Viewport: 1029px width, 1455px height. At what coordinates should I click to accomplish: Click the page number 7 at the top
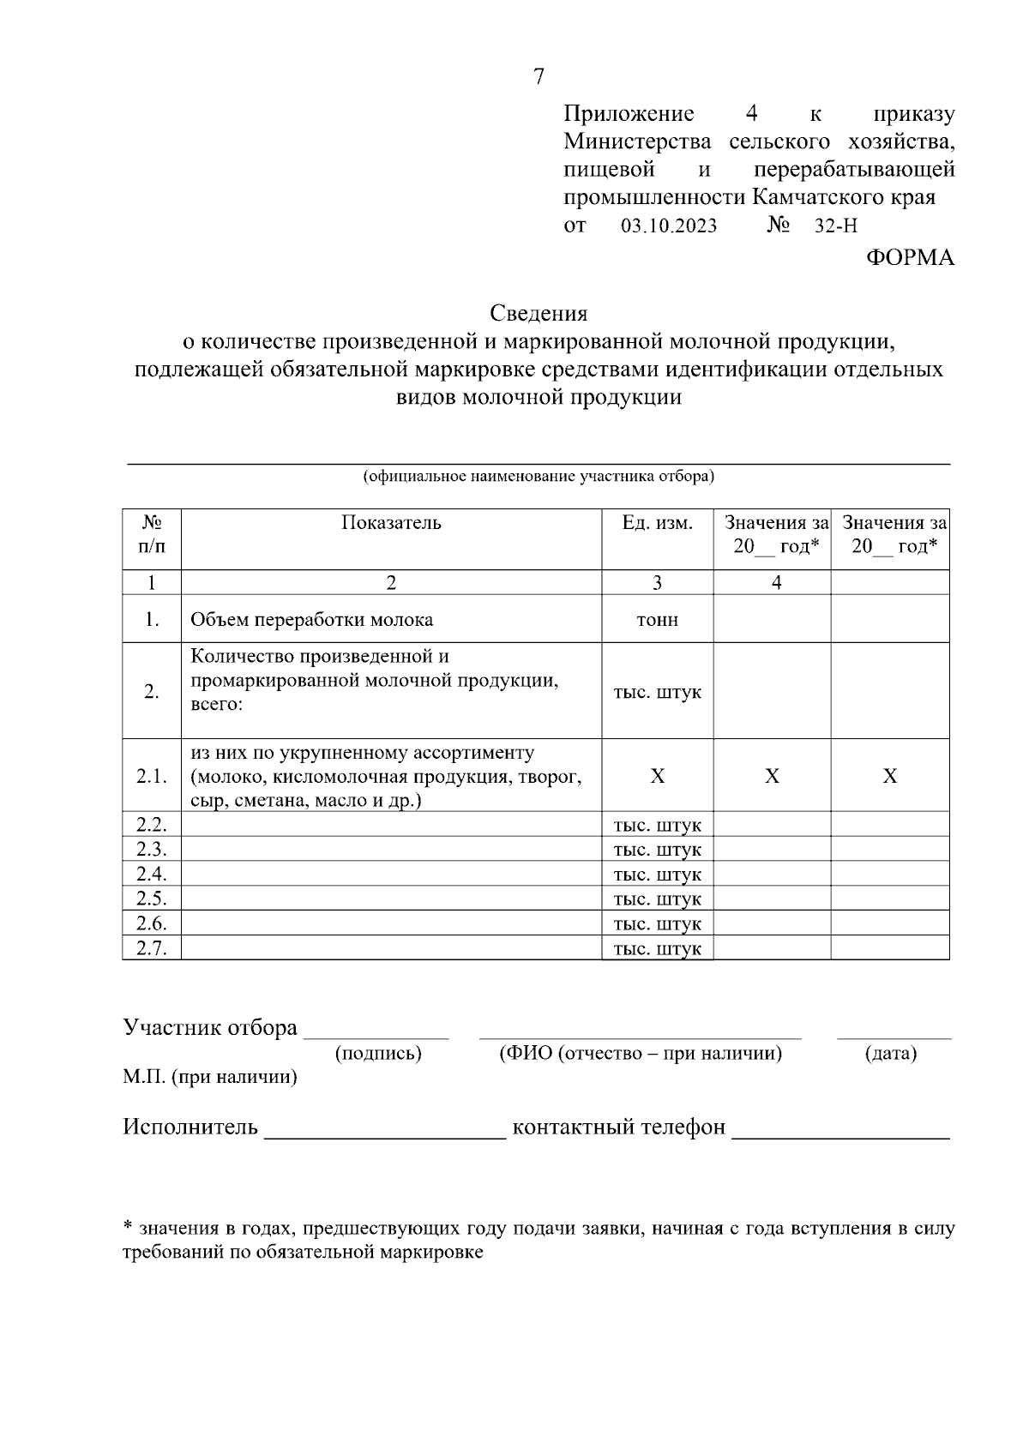click(x=539, y=77)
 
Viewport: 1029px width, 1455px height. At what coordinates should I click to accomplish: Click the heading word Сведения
click(x=539, y=313)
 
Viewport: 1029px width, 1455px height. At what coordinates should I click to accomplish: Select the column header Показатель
click(x=391, y=523)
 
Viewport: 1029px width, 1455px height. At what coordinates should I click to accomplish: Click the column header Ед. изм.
click(x=657, y=523)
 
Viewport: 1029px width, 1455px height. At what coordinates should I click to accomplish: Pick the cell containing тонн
click(x=657, y=620)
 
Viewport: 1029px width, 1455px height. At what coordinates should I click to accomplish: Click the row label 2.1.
click(x=151, y=777)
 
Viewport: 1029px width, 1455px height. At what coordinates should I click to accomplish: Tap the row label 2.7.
click(x=151, y=948)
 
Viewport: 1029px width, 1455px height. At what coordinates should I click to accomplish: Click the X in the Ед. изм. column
click(x=657, y=777)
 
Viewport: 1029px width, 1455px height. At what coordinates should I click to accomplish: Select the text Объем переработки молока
click(x=311, y=620)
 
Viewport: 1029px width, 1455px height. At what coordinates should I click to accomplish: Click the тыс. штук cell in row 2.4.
click(x=657, y=875)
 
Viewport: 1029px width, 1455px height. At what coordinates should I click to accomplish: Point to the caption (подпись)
click(x=378, y=1054)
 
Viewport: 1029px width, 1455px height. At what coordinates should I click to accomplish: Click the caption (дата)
click(x=891, y=1054)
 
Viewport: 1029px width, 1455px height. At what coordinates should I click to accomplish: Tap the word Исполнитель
click(x=190, y=1127)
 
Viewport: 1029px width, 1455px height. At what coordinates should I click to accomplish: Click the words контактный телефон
click(x=618, y=1127)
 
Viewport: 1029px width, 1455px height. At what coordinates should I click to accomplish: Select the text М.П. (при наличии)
click(x=210, y=1078)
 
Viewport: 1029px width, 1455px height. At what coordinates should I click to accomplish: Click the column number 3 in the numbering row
click(x=657, y=583)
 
